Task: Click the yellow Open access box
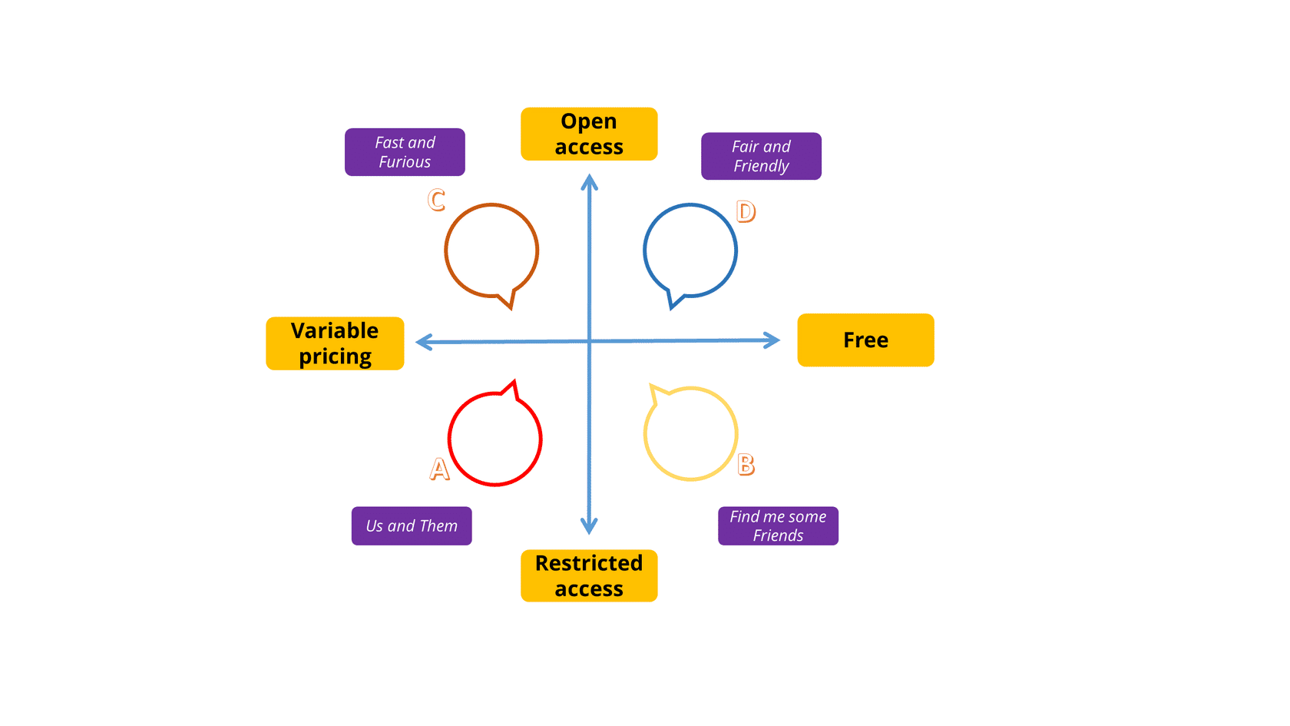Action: pyautogui.click(x=589, y=134)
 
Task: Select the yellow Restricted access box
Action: pyautogui.click(x=589, y=575)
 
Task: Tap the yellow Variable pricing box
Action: pyautogui.click(x=335, y=343)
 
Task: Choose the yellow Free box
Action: pyautogui.click(x=865, y=340)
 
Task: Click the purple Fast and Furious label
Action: pyautogui.click(x=405, y=152)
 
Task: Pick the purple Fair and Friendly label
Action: pyautogui.click(x=761, y=156)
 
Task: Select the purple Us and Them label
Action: pyautogui.click(x=412, y=525)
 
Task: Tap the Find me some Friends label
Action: pyautogui.click(x=778, y=525)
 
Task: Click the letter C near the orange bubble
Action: pyautogui.click(x=436, y=201)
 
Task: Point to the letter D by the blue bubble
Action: pyautogui.click(x=746, y=211)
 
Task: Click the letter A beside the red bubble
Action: pyautogui.click(x=439, y=469)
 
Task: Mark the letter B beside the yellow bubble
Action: pyautogui.click(x=746, y=465)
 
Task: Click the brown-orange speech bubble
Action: pyautogui.click(x=491, y=250)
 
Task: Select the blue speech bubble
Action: pyautogui.click(x=690, y=250)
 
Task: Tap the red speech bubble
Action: pyautogui.click(x=495, y=439)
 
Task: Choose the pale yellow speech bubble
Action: pyautogui.click(x=690, y=433)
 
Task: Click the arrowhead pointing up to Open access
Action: pyautogui.click(x=589, y=181)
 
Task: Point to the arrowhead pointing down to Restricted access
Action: pyautogui.click(x=589, y=526)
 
